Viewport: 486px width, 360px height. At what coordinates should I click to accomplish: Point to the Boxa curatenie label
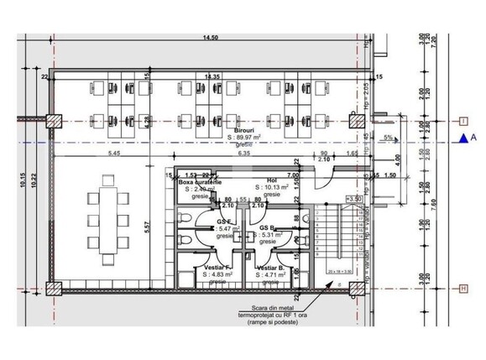(198, 181)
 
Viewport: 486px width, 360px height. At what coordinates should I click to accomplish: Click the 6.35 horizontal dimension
(244, 154)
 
